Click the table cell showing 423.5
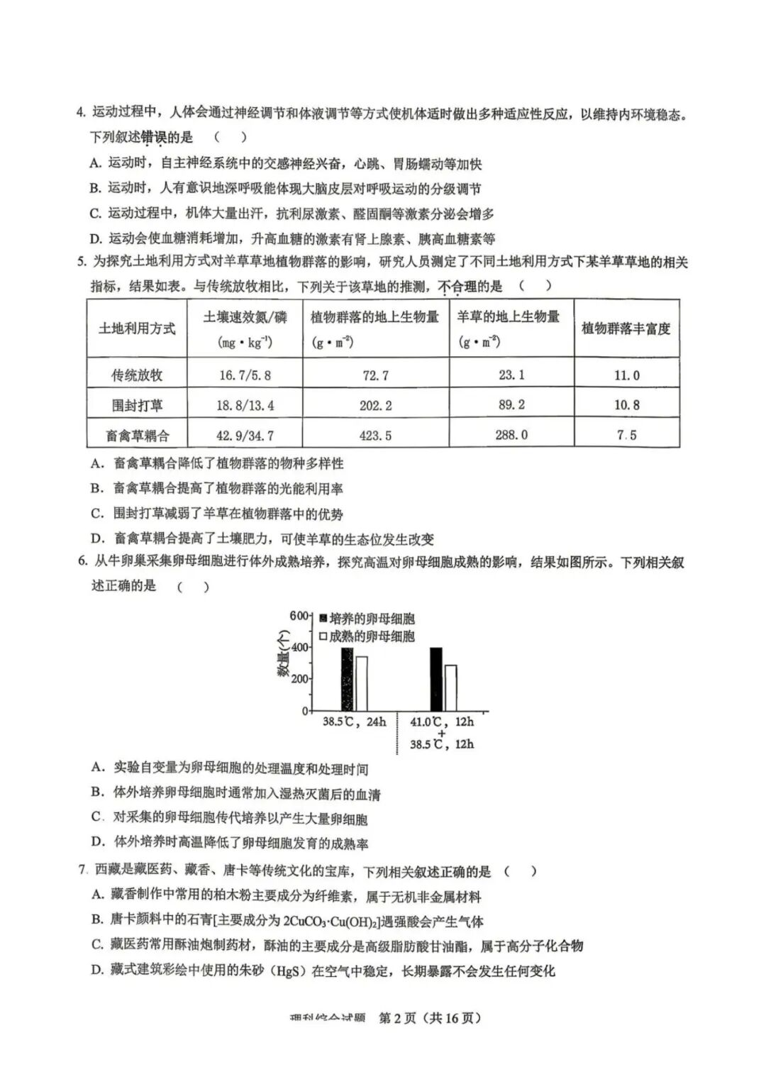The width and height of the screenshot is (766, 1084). [375, 435]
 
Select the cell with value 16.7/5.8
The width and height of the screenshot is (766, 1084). [245, 375]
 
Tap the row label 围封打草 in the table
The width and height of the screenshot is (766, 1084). [137, 405]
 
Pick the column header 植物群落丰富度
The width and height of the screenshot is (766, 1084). [626, 328]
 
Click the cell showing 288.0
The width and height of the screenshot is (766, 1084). [511, 434]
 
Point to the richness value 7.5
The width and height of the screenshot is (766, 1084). [626, 435]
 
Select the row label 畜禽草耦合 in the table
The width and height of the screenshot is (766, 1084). [137, 435]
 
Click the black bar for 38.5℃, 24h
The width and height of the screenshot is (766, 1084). [347, 679]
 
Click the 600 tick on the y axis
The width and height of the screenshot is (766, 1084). [299, 616]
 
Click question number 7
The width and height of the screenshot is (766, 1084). [83, 870]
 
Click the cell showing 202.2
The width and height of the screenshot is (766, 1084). [375, 405]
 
